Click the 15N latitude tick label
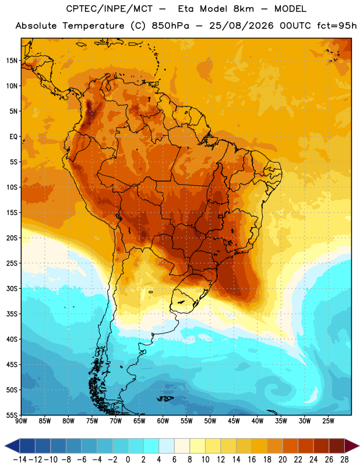12,61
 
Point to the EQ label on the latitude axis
13,137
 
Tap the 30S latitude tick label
12,288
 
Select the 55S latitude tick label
12,415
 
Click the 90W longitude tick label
21,421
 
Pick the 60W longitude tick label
163,421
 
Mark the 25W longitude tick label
328,421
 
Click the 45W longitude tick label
234,421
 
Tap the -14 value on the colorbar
20,460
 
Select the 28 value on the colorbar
344,460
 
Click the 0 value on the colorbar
128,460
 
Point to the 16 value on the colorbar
252,460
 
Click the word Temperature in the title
93,26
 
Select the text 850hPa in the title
170,26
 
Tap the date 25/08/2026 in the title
241,26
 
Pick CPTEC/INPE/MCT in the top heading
110,9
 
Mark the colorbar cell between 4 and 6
167,446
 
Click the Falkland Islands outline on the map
165,399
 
